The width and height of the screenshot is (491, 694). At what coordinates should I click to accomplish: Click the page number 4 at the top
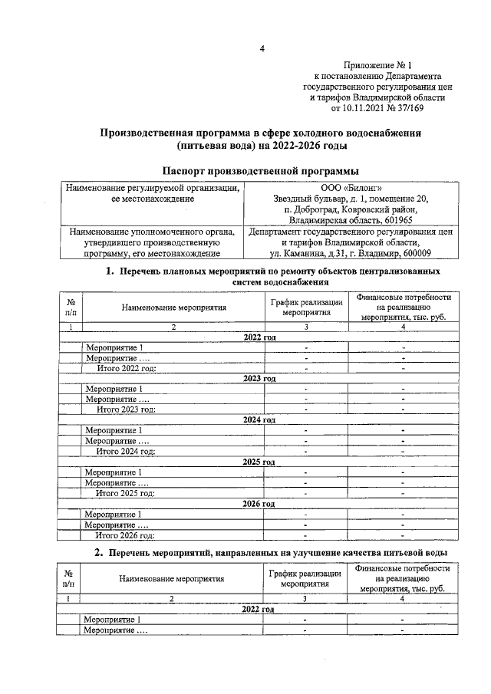262,51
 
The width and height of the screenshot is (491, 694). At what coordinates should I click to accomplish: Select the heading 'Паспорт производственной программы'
261,170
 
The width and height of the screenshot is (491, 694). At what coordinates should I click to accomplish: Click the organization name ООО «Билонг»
349,188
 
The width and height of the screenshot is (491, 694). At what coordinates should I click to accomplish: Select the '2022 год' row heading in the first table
259,337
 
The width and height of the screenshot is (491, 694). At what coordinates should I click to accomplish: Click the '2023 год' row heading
259,378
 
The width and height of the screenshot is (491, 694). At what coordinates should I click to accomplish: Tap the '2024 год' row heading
259,420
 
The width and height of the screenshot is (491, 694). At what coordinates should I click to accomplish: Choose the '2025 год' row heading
259,462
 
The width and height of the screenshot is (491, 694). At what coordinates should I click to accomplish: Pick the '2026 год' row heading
259,503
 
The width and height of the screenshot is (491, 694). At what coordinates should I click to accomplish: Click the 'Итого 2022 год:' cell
126,368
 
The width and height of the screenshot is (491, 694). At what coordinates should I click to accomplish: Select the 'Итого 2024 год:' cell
126,451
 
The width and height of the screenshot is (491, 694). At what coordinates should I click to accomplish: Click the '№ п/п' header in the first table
71,307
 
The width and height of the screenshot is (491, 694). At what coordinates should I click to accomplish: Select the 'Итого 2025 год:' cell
126,492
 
